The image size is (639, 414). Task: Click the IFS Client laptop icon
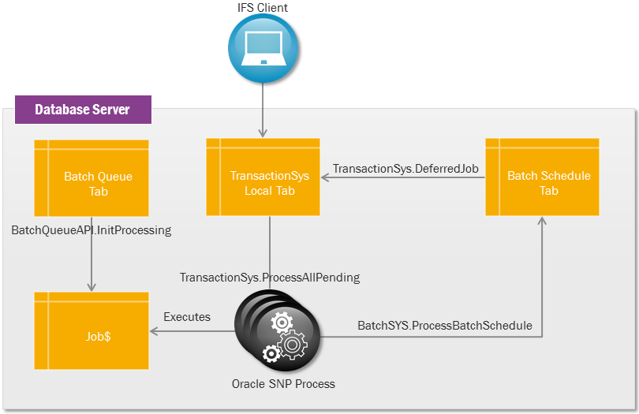pyautogui.click(x=263, y=49)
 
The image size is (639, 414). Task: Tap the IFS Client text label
pyautogui.click(x=263, y=8)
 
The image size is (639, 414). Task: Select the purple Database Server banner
pyautogui.click(x=82, y=110)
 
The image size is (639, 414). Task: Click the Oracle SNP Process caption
pyautogui.click(x=283, y=384)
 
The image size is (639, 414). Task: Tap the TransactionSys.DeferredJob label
pyautogui.click(x=405, y=169)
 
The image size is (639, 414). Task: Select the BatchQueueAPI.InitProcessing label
pyautogui.click(x=92, y=230)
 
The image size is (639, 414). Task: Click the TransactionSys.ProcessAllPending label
pyautogui.click(x=270, y=278)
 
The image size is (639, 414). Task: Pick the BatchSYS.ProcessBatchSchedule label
pyautogui.click(x=445, y=325)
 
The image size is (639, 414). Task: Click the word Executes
pyautogui.click(x=187, y=317)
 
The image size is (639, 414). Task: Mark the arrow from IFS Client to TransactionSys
pyautogui.click(x=263, y=110)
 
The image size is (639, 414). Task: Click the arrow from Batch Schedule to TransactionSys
pyautogui.click(x=402, y=178)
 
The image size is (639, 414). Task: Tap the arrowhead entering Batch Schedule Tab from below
pyautogui.click(x=542, y=222)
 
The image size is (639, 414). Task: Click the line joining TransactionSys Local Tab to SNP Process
pyautogui.click(x=270, y=252)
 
